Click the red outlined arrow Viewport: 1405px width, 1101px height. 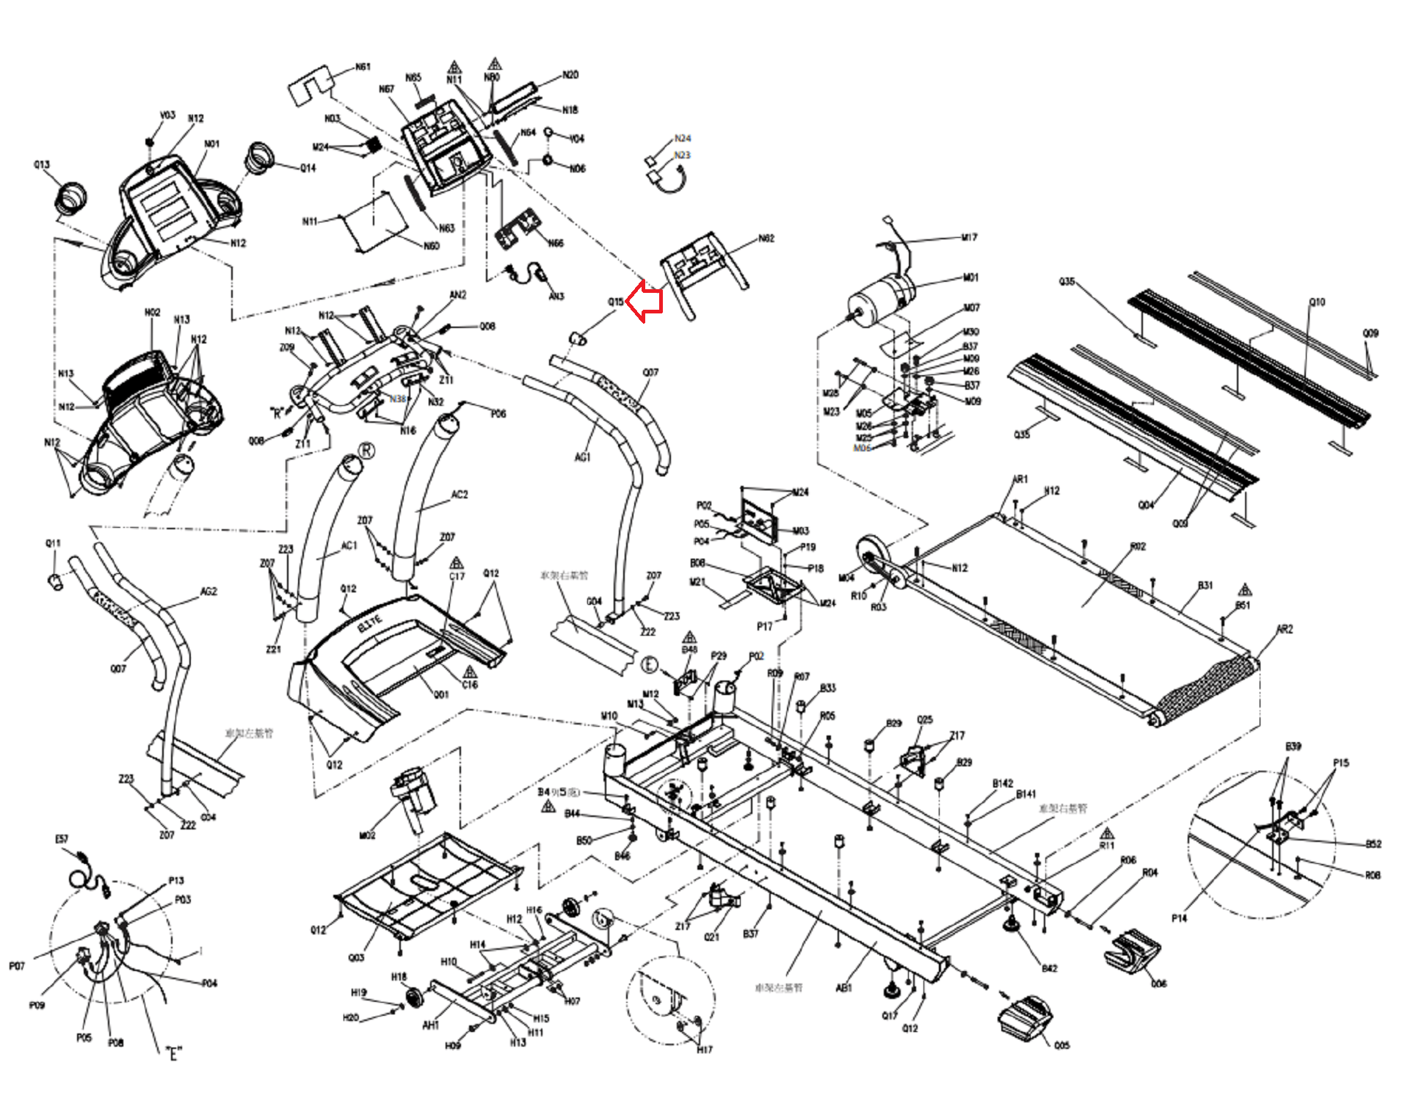point(645,302)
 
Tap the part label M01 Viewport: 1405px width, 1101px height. point(970,278)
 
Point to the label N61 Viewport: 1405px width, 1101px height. point(363,68)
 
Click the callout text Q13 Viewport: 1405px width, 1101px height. point(42,164)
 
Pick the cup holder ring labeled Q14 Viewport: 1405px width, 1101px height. point(260,158)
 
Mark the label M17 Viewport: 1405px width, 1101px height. point(969,238)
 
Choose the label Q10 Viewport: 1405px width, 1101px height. point(1317,302)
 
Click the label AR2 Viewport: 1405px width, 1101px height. point(1284,629)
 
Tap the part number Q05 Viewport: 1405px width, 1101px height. point(1061,1045)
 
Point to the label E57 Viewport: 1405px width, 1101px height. point(62,839)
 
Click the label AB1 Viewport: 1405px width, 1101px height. point(844,988)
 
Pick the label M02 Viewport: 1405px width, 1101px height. point(367,835)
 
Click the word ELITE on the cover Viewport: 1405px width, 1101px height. point(370,624)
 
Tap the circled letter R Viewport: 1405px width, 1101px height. point(366,451)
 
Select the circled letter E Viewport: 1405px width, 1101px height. point(650,665)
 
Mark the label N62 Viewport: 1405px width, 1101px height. point(766,239)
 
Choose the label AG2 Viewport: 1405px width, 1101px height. point(208,592)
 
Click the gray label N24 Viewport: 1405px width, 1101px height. point(682,138)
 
